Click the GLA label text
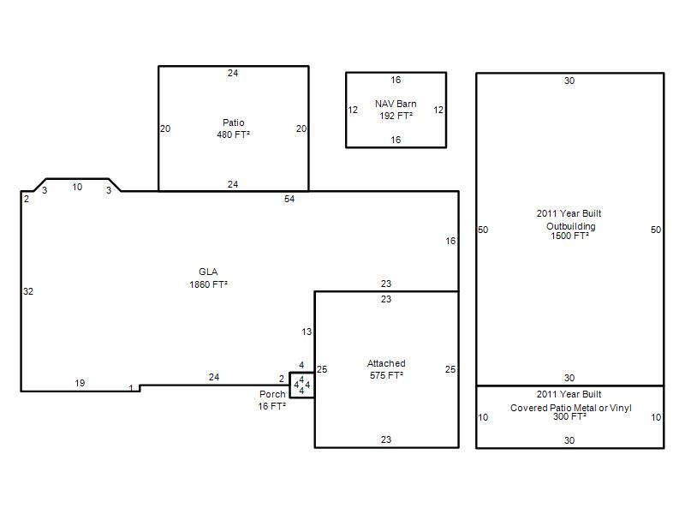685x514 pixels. click(208, 272)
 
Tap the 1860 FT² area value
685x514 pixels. click(208, 284)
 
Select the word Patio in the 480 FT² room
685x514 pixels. click(233, 123)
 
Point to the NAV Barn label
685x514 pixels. click(396, 104)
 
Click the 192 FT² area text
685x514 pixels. click(396, 116)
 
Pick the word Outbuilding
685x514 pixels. click(571, 226)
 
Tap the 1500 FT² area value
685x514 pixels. click(569, 236)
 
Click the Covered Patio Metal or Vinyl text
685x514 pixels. click(571, 408)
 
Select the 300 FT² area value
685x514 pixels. click(569, 416)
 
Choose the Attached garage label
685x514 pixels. click(386, 363)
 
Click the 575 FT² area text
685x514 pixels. click(386, 375)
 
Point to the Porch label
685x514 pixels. click(272, 394)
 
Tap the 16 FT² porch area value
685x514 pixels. click(271, 406)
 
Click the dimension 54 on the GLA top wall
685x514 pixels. click(289, 200)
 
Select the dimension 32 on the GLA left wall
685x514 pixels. click(28, 291)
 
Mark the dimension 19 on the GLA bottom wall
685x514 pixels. click(80, 383)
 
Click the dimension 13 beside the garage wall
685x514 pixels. click(307, 332)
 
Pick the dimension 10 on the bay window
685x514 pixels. click(77, 187)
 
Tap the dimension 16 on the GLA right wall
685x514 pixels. click(450, 241)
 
